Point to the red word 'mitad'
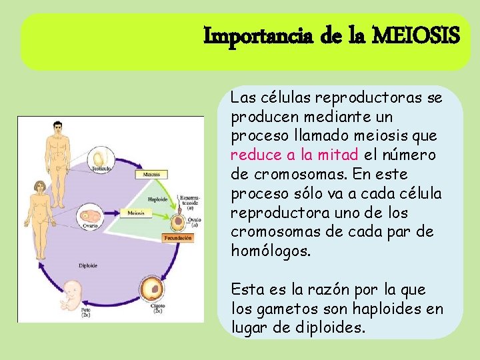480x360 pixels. tap(341, 155)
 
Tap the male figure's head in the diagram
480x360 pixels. tap(58, 126)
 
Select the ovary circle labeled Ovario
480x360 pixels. tap(90, 217)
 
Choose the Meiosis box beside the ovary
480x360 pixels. tap(136, 213)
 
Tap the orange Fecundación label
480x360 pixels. tap(178, 237)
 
